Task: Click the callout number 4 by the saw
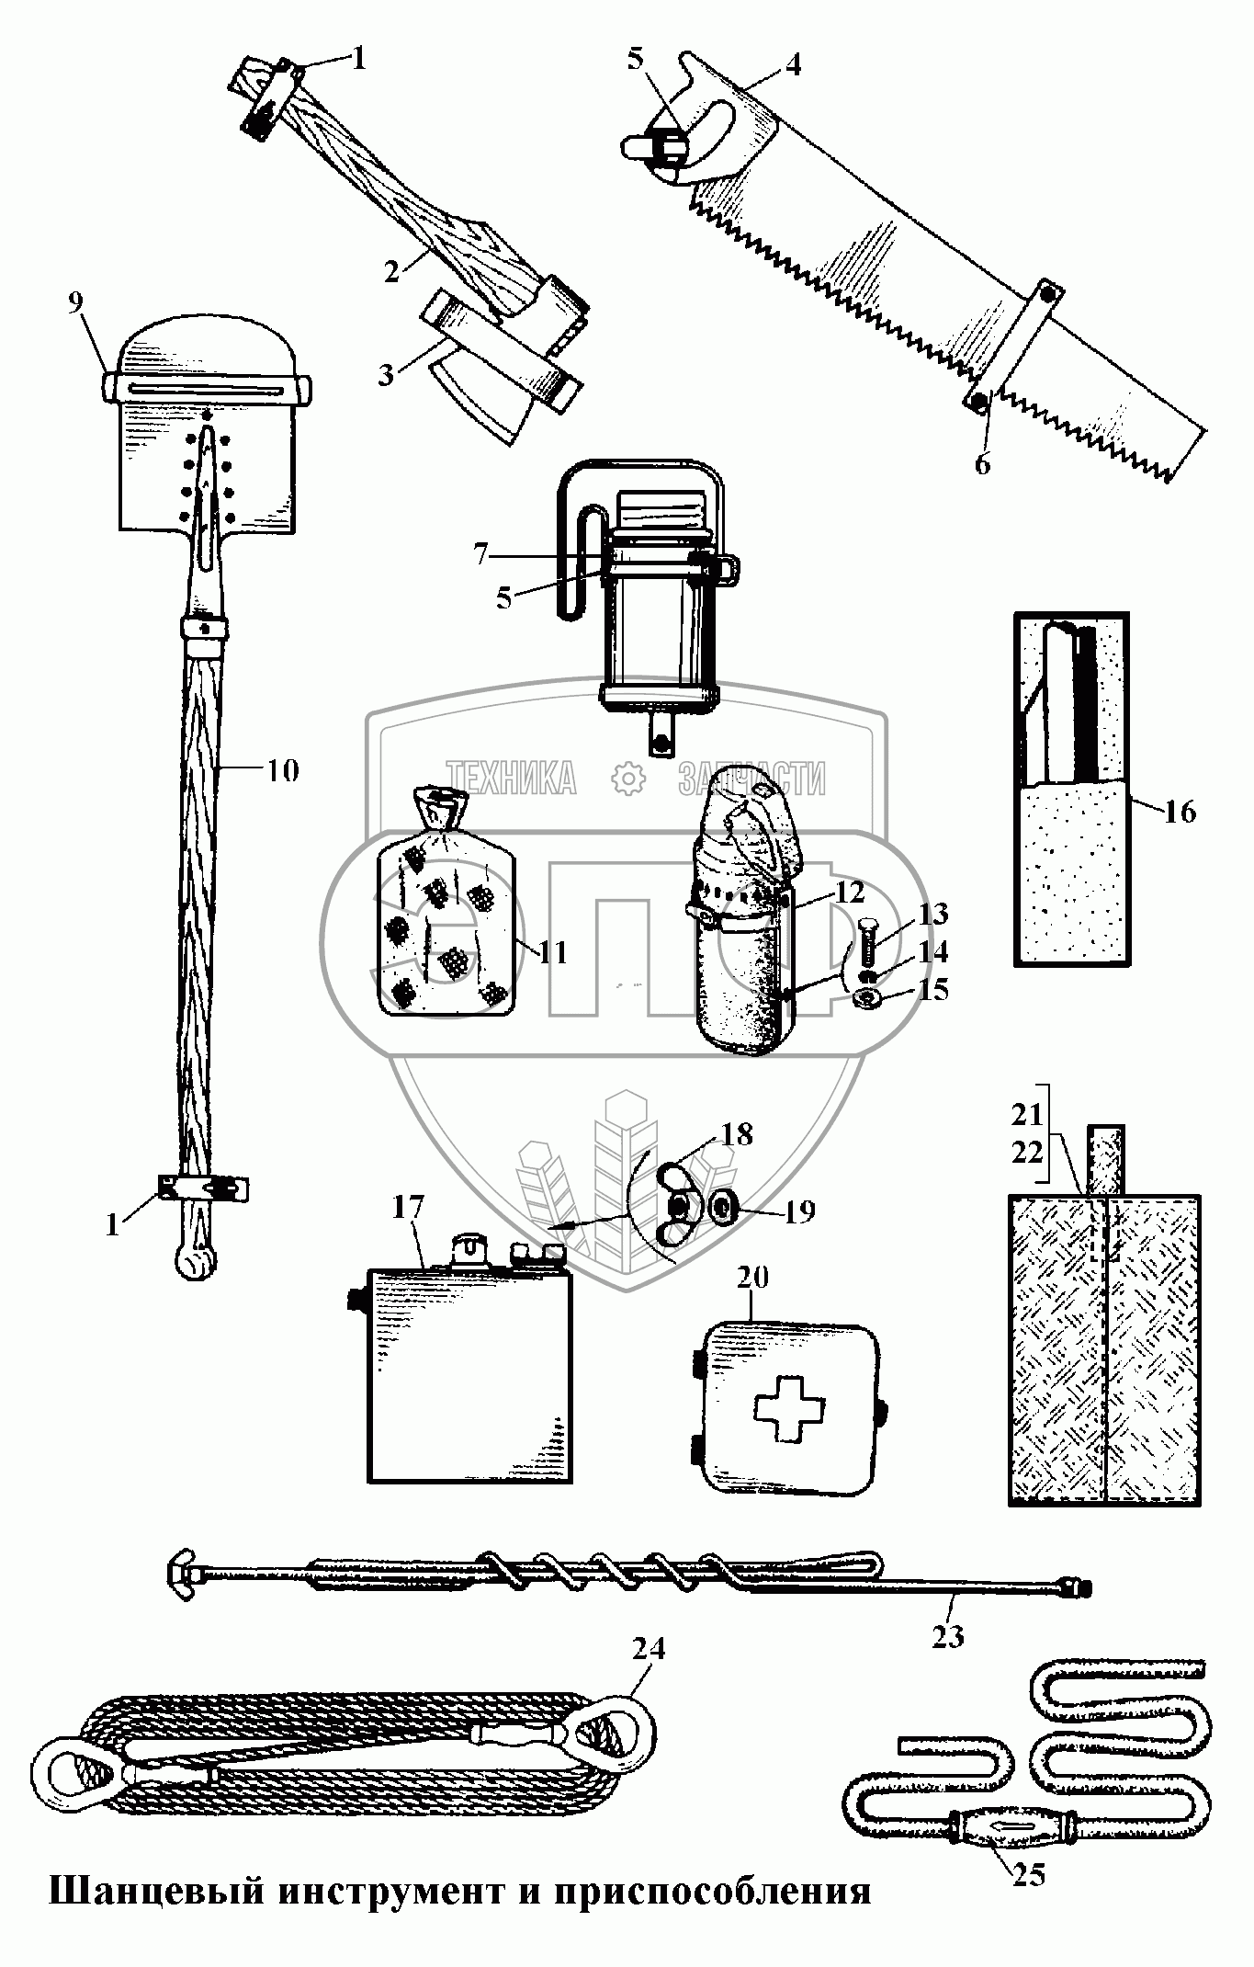pyautogui.click(x=792, y=64)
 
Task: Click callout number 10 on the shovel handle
pyautogui.click(x=283, y=770)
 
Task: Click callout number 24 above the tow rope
pyautogui.click(x=649, y=1648)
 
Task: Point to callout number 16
pyautogui.click(x=1181, y=812)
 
